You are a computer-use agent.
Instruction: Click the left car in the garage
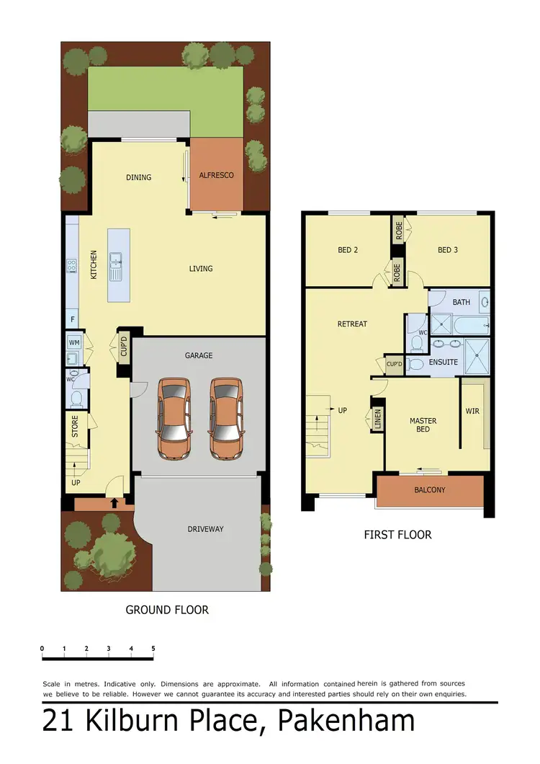pos(174,419)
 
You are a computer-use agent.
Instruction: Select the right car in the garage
pos(226,419)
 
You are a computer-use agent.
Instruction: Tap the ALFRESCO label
pos(216,175)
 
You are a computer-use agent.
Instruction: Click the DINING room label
pos(138,177)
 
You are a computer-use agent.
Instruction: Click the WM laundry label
pos(73,342)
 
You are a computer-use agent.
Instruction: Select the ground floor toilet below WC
pos(76,397)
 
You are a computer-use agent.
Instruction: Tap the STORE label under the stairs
pos(75,426)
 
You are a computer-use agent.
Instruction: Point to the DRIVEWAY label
pos(205,529)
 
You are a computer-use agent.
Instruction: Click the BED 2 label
pos(348,250)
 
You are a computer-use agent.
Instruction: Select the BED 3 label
pos(447,250)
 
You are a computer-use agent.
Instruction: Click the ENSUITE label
pos(443,362)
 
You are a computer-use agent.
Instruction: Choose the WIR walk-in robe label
pos(472,412)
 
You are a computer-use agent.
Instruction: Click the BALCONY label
pos(430,490)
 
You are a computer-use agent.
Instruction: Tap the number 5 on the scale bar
pos(153,649)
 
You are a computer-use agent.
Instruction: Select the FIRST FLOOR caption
pos(397,535)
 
